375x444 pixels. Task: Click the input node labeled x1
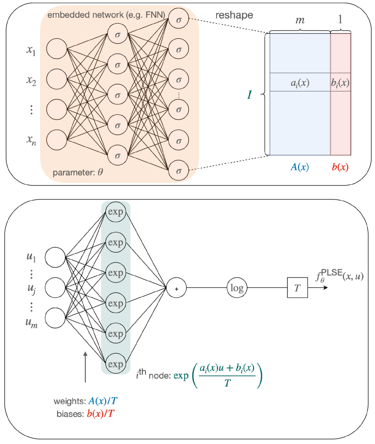57,49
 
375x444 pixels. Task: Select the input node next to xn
57,139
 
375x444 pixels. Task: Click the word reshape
234,15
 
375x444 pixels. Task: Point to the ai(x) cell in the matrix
300,83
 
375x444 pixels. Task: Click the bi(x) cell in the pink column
340,83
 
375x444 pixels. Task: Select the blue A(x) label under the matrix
300,167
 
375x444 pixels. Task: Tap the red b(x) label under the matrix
340,167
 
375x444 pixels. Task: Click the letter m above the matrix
300,21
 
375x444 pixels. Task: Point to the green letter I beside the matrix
250,95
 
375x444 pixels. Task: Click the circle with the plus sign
177,288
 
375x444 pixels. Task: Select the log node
237,288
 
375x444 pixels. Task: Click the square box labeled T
297,288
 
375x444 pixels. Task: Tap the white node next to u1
55,258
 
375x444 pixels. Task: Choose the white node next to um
55,318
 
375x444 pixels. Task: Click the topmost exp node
115,212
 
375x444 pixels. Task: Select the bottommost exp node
115,364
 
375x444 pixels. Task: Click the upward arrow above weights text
85,367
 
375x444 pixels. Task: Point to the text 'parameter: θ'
78,173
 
